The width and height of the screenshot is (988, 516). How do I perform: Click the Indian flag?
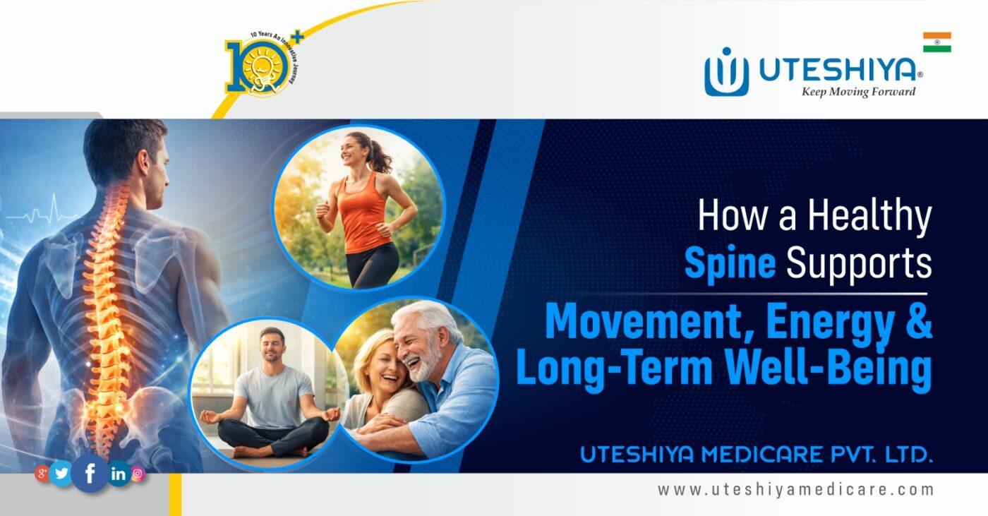(x=936, y=42)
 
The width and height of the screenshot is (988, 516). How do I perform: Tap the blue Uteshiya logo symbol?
(x=726, y=71)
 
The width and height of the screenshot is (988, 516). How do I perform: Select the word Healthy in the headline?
(x=869, y=217)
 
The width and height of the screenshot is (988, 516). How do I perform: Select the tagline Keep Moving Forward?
(x=858, y=92)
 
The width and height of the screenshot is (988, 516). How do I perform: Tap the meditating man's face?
(x=271, y=347)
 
